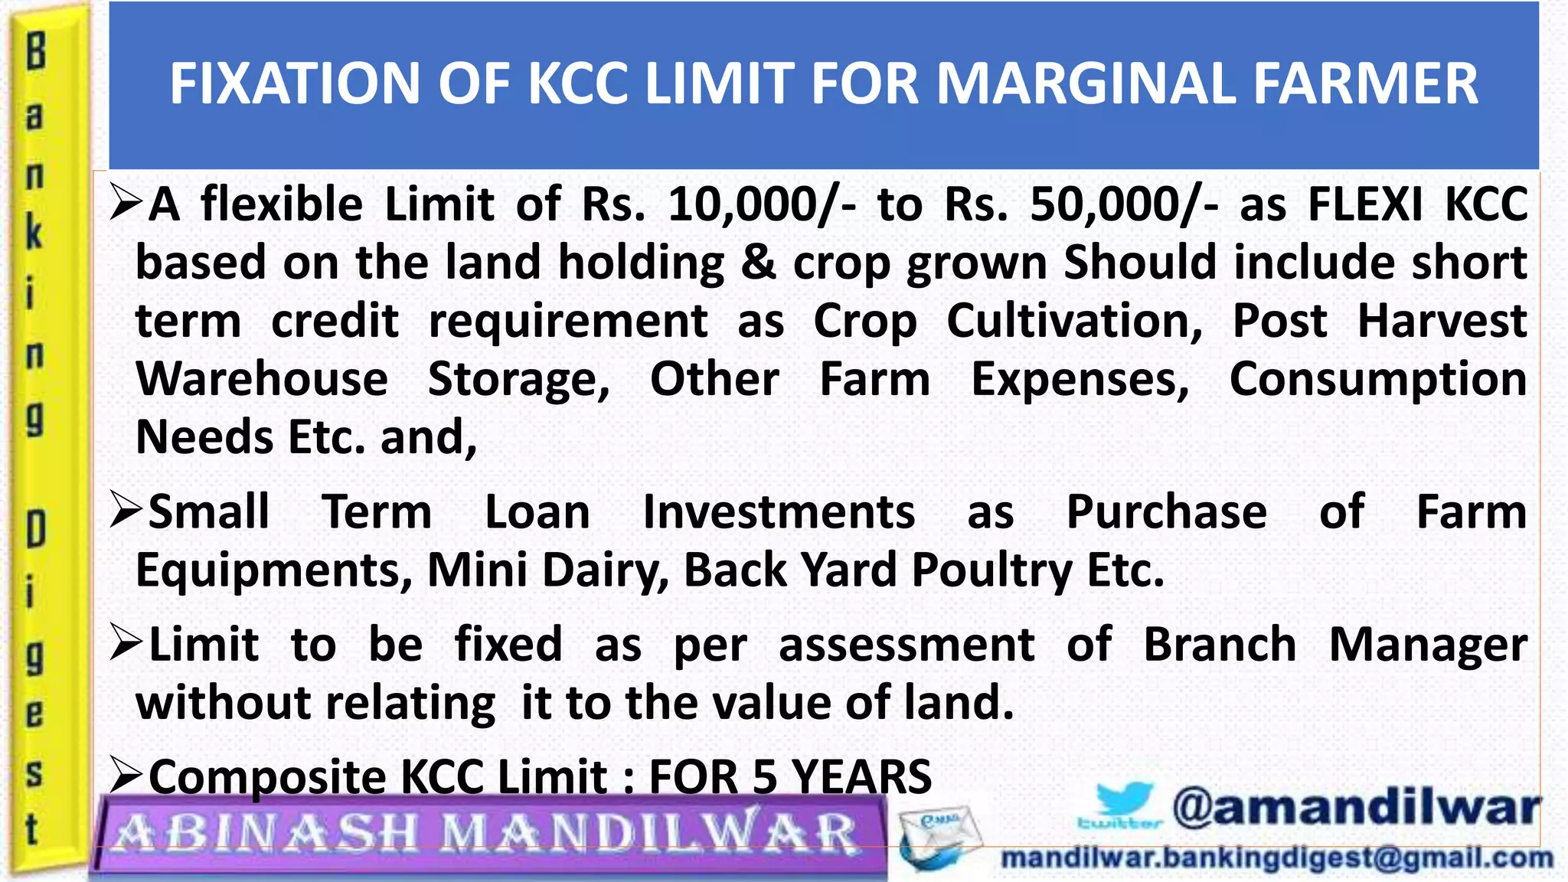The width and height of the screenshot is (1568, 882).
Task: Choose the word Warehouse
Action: tap(262, 380)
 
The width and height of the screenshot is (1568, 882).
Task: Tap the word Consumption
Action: tap(1378, 380)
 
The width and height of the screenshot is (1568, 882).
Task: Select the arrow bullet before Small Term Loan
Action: tap(126, 510)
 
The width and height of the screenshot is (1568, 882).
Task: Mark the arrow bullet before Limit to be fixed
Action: tap(126, 643)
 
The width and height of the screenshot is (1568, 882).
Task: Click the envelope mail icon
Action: tap(938, 838)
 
